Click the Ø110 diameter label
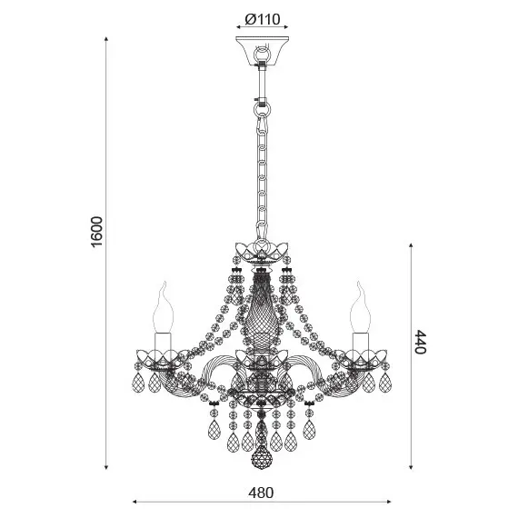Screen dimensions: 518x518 [x=263, y=19]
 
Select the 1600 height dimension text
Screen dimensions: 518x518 [x=97, y=232]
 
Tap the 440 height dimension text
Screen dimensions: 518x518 [x=421, y=342]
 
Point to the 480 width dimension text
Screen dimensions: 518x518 [x=261, y=493]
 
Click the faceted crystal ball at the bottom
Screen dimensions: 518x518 [x=262, y=457]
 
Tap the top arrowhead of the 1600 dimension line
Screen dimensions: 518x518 [x=106, y=39]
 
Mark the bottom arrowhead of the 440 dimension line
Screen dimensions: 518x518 [x=411, y=467]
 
